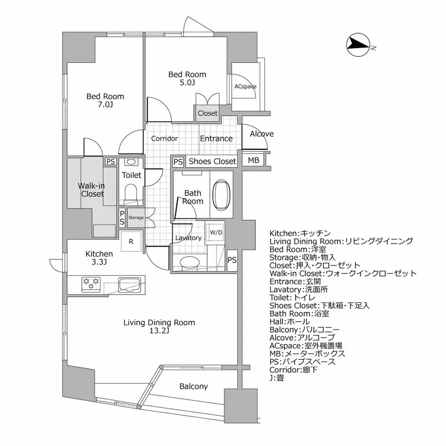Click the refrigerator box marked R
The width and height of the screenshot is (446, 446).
pos(131,242)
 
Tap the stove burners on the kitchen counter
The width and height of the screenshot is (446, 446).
pos(91,283)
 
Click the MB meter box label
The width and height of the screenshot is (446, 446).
pos(253,161)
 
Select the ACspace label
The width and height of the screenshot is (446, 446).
pos(246,86)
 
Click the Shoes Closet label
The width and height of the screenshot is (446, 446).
pos(212,161)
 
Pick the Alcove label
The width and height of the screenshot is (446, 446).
pos(261,134)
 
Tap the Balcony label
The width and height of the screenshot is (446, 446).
pos(193,387)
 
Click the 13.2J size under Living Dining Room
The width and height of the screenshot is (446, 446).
pos(160,331)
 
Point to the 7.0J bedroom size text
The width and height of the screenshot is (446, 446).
pos(105,105)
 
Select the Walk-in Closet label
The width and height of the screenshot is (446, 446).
pos(92,190)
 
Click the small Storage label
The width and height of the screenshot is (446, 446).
pos(136,217)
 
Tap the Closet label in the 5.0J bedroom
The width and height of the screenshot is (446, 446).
pos(207,113)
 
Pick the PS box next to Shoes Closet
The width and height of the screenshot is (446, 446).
pos(177,161)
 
